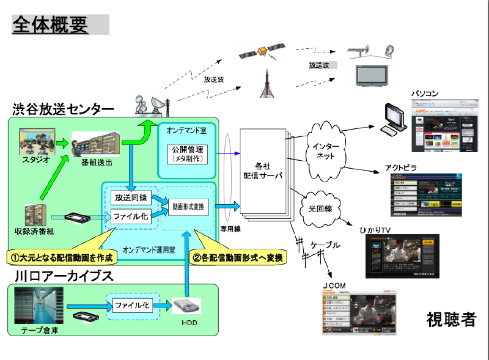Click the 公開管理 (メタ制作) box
pos(188,154)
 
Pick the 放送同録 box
pos(130,197)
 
